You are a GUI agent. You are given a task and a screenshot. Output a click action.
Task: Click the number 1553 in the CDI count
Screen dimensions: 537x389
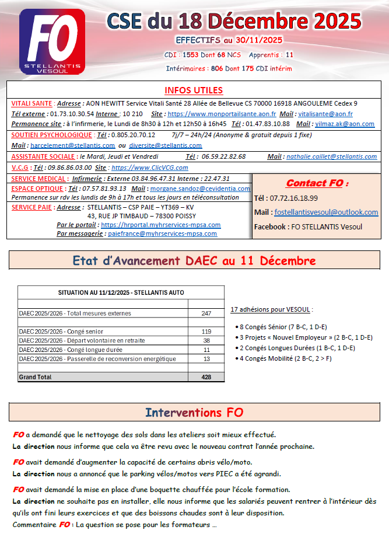191,54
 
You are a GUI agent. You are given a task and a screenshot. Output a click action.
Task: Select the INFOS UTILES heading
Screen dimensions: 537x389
194,90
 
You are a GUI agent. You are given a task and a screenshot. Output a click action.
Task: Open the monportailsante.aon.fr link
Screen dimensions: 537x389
222,114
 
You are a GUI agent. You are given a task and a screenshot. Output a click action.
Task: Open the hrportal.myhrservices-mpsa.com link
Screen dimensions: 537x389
161,225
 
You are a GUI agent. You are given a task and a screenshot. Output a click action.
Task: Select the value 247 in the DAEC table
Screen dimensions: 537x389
206,313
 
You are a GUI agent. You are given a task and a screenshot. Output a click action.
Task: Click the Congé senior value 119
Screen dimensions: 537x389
206,332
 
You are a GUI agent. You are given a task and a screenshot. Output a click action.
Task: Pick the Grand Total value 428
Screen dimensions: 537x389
206,377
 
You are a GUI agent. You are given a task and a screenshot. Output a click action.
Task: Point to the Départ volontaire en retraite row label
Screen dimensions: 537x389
82,340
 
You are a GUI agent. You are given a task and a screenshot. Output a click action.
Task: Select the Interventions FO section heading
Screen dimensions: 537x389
194,413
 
